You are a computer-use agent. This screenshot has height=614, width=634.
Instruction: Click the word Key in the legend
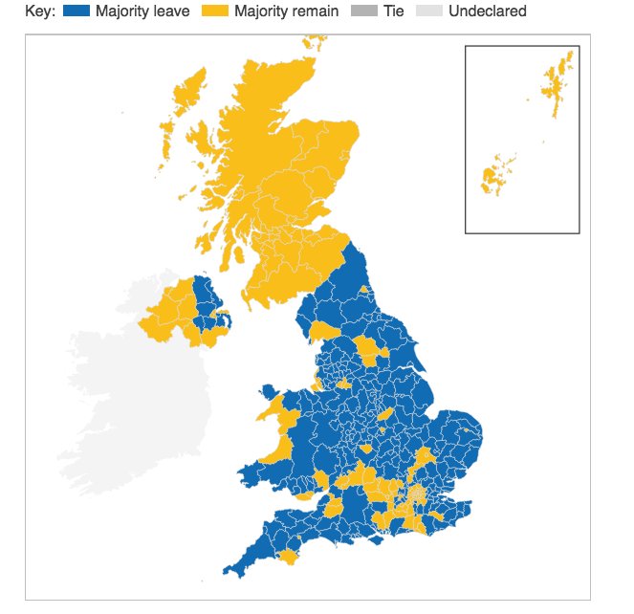pyautogui.click(x=39, y=11)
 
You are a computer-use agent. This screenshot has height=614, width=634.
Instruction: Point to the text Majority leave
pyautogui.click(x=142, y=11)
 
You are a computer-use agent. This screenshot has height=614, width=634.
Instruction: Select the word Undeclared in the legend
pyautogui.click(x=487, y=11)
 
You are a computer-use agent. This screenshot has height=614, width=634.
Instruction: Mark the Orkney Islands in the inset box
pyautogui.click(x=494, y=176)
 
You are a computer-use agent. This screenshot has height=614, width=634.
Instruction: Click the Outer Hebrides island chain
pyautogui.click(x=186, y=105)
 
